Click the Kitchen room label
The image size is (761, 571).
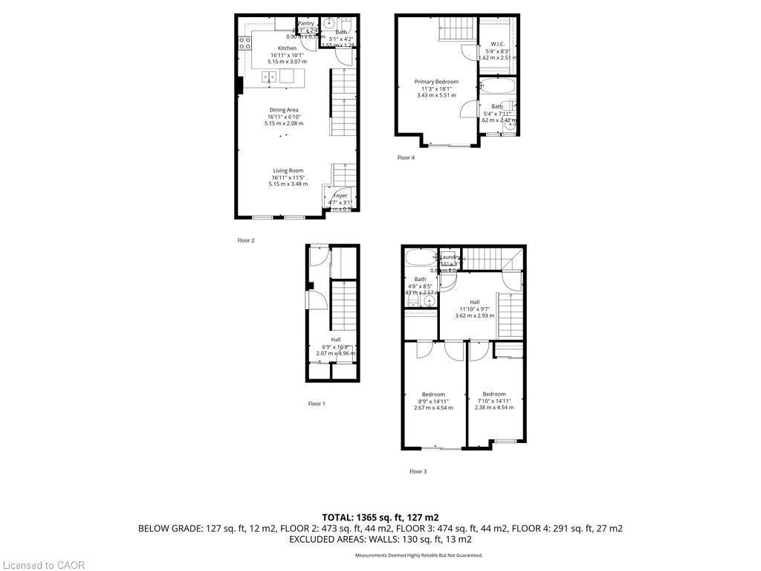pos(287,48)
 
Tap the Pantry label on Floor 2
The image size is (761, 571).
pos(306,23)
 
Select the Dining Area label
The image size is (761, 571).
pos(284,110)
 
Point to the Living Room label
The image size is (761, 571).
pos(288,171)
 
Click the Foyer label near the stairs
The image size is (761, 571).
pos(340,196)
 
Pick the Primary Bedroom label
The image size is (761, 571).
pos(436,82)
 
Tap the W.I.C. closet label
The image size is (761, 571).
pos(497,44)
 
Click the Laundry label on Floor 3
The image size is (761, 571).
pos(450,257)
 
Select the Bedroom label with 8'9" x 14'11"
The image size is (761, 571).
pos(433,394)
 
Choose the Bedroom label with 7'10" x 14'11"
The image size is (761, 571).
pos(494,394)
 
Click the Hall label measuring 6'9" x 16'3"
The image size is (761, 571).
pos(336,340)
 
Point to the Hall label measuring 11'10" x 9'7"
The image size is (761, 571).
pos(474,302)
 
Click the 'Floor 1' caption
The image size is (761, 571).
pos(317,404)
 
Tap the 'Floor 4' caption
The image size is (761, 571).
pos(406,158)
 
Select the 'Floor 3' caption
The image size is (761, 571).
pos(418,471)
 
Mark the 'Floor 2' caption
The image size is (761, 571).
pos(246,240)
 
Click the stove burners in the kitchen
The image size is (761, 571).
pos(243,42)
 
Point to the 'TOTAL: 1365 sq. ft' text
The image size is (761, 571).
pos(380,517)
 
